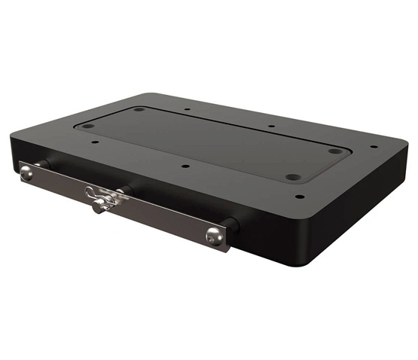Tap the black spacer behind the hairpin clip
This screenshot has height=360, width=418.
[125, 191]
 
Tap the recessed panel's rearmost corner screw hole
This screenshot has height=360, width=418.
[139, 110]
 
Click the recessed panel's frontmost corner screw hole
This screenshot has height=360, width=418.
[292, 178]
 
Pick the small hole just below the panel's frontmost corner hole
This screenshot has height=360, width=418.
[300, 197]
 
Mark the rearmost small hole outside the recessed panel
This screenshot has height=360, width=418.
[185, 108]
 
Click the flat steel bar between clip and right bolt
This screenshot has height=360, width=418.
[166, 216]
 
